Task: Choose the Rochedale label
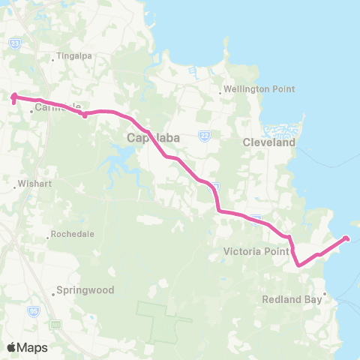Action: (x=73, y=234)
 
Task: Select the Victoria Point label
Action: (x=256, y=252)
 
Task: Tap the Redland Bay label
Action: (x=291, y=299)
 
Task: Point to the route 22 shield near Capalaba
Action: (x=203, y=135)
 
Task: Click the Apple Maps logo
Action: (x=27, y=347)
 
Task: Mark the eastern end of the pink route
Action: (x=346, y=238)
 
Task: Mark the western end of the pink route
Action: (x=13, y=95)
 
